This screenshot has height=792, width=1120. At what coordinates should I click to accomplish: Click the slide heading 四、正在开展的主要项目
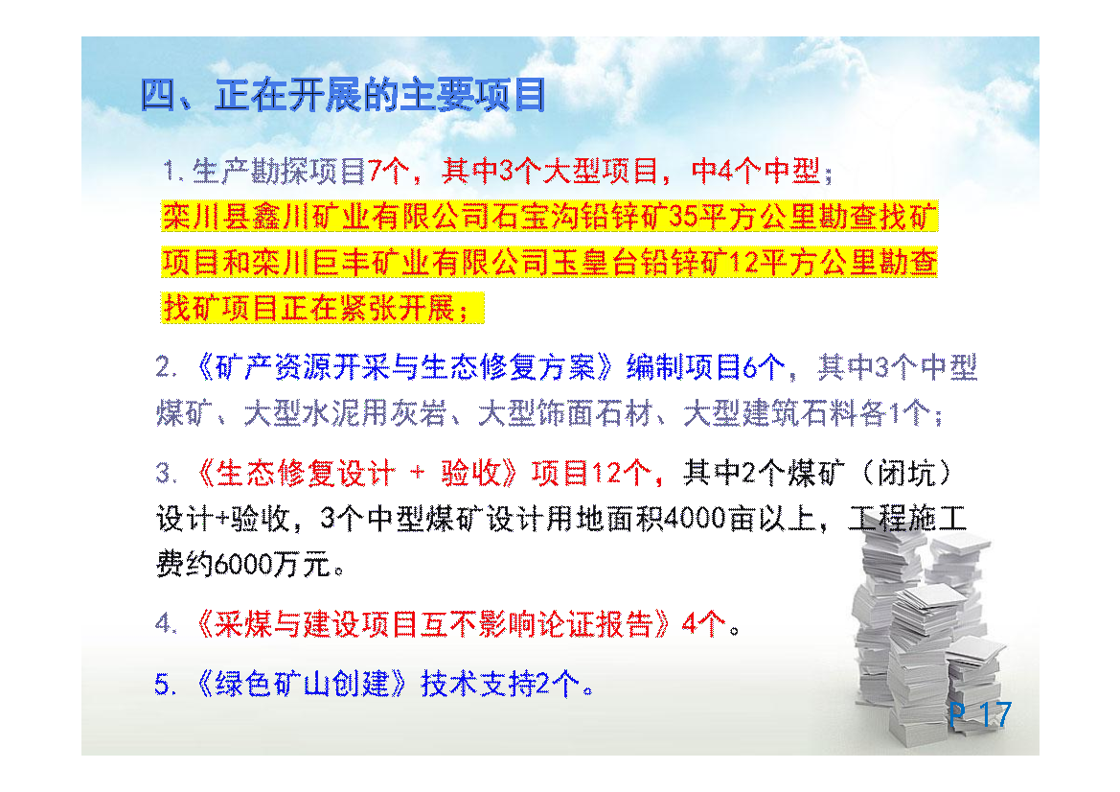344,95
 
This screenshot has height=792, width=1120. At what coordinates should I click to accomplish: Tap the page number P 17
980,714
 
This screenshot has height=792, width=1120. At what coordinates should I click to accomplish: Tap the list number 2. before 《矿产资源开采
166,367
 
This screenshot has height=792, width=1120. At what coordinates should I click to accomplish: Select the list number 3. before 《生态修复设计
166,473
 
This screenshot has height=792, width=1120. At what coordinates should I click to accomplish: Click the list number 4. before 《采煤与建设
166,623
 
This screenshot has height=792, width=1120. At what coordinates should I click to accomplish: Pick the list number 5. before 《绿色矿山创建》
166,684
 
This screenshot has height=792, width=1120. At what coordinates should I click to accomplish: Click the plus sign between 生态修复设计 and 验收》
417,473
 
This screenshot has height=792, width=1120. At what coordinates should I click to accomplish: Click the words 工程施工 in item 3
908,518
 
